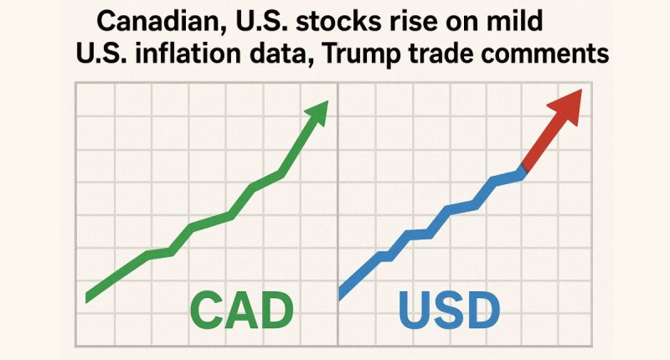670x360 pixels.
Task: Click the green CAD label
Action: (x=240, y=311)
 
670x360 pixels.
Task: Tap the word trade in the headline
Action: (x=452, y=54)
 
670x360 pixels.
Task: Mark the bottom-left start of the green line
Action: (x=90, y=295)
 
